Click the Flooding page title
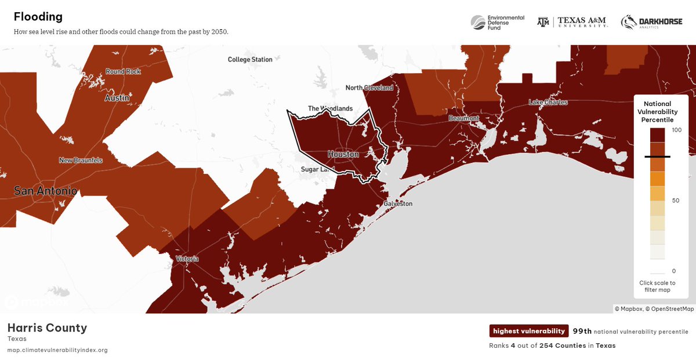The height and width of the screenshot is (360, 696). [x=38, y=17]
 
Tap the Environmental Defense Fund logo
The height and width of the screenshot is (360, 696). [x=498, y=22]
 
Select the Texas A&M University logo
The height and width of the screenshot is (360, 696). [x=572, y=22]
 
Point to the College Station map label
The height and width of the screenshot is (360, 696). [x=250, y=60]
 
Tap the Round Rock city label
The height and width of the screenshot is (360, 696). [x=123, y=72]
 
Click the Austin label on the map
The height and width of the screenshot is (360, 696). [x=117, y=98]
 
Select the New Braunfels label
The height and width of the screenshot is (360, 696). [x=81, y=160]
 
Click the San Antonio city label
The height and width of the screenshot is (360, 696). [x=45, y=190]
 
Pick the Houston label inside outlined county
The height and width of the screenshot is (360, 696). [x=343, y=154]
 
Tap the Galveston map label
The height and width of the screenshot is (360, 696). [x=398, y=204]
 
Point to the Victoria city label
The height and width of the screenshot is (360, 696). [x=187, y=259]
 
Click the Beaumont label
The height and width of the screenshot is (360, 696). [x=463, y=118]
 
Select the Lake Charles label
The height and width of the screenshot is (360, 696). [x=548, y=103]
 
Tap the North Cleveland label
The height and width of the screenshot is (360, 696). [x=369, y=88]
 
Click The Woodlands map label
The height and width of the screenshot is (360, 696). [x=330, y=108]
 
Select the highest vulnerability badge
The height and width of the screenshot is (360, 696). [x=528, y=331]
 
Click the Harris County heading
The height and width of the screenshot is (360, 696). [x=47, y=328]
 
